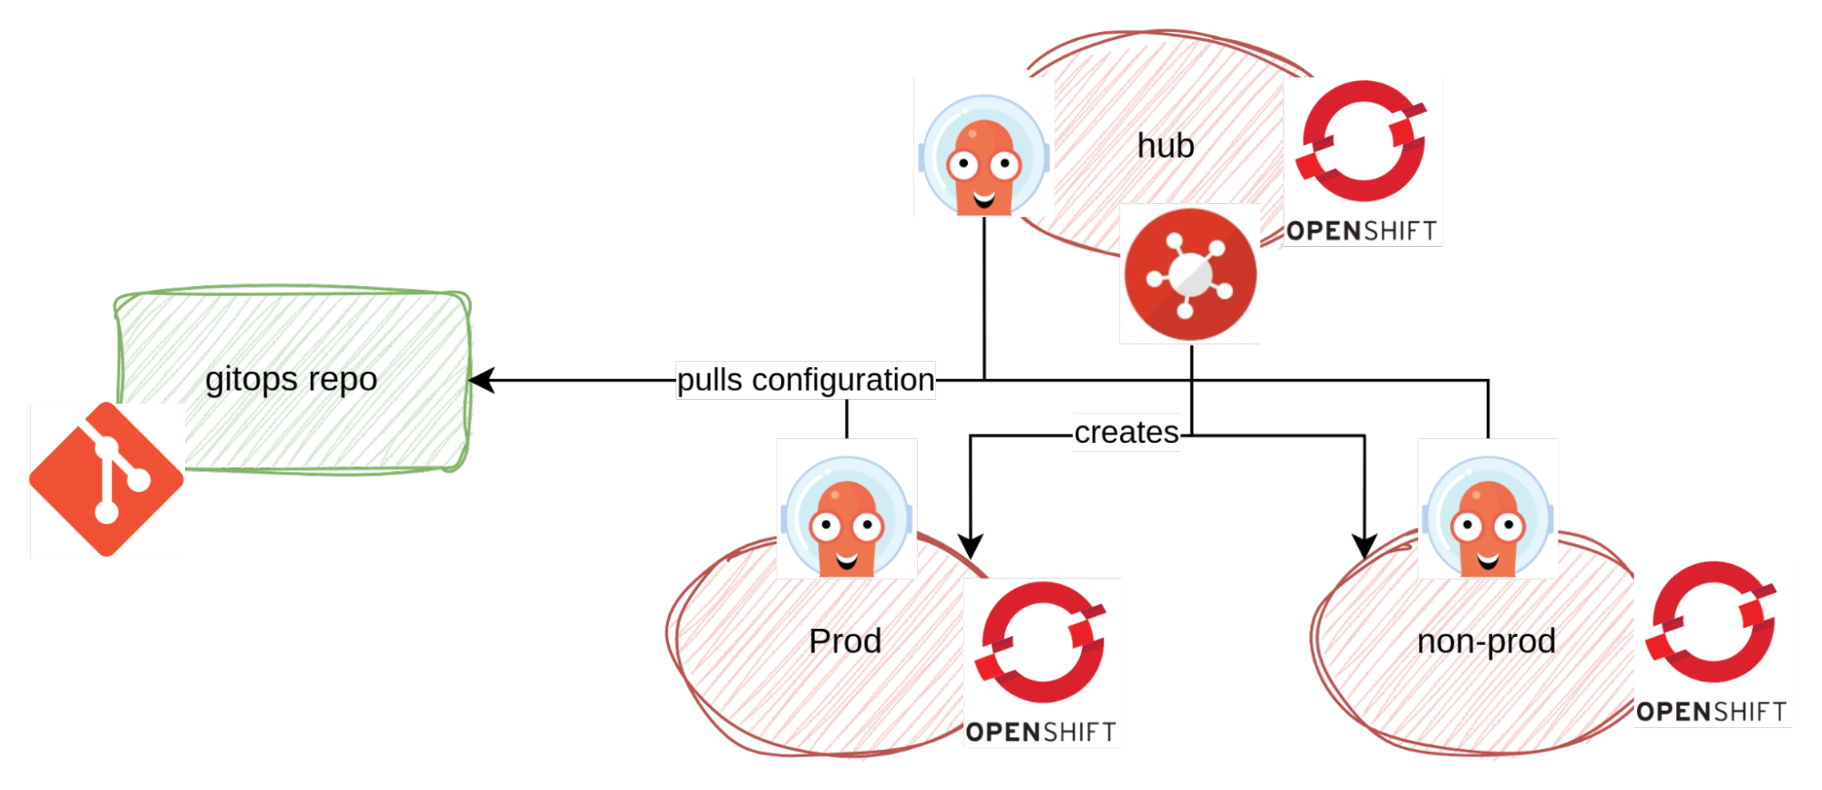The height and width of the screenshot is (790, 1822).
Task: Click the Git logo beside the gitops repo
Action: click(107, 479)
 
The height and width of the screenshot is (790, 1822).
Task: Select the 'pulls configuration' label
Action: click(806, 380)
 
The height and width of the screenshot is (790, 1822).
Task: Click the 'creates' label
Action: click(1127, 432)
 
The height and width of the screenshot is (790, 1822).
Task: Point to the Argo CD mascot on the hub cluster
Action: click(984, 148)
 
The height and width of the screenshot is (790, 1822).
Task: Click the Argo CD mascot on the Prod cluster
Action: click(847, 508)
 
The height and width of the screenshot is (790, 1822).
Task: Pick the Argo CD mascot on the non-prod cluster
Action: click(1487, 508)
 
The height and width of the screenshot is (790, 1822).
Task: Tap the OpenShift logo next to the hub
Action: click(1363, 146)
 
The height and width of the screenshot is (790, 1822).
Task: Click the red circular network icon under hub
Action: click(1190, 274)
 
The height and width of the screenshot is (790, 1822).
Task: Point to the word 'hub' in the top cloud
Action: click(1166, 145)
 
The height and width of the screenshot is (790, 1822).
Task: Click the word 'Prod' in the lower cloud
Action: click(845, 642)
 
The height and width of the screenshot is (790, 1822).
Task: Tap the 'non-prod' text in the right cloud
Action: click(1486, 642)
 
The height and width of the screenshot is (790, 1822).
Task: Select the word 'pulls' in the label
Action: click(710, 380)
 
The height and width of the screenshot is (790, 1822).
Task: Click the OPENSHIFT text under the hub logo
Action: click(1363, 231)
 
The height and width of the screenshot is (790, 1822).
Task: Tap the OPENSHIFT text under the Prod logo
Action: click(1042, 732)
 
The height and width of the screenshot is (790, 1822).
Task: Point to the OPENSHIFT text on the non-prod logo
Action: click(1712, 712)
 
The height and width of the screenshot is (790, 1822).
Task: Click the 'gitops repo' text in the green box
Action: click(292, 379)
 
